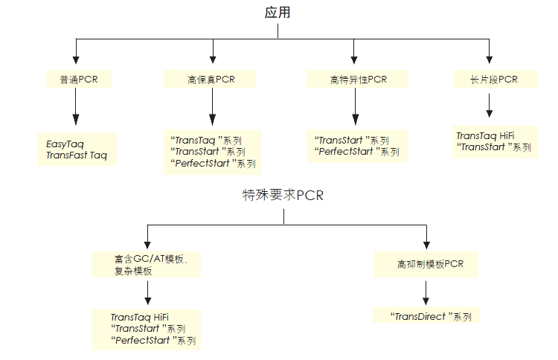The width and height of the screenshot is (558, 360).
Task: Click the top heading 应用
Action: (x=278, y=13)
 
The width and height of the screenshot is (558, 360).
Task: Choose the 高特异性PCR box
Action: (x=358, y=79)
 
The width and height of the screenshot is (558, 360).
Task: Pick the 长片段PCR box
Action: (x=494, y=79)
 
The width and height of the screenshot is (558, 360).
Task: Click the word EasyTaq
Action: (x=66, y=143)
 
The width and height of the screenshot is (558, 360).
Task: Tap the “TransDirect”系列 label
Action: (x=432, y=316)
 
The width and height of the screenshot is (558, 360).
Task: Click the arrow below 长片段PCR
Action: (x=490, y=108)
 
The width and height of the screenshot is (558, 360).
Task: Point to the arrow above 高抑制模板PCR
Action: (x=426, y=237)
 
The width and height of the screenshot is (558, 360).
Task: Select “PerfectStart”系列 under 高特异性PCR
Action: (x=358, y=152)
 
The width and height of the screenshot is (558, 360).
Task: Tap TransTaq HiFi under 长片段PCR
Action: (x=484, y=135)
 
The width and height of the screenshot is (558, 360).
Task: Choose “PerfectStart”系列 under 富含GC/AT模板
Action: (x=153, y=341)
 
